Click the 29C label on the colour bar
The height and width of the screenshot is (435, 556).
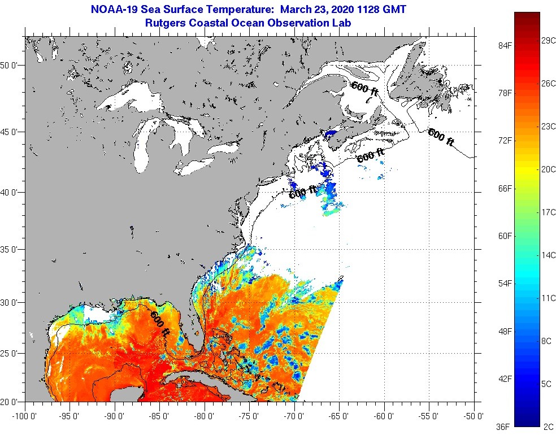click(548, 41)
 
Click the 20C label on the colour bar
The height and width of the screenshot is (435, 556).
click(548, 169)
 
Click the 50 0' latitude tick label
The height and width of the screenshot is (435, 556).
click(10, 66)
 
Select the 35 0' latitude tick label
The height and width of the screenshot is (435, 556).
click(10, 249)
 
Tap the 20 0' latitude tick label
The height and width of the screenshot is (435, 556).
click(10, 402)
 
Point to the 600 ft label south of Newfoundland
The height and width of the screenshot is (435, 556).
click(441, 137)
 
